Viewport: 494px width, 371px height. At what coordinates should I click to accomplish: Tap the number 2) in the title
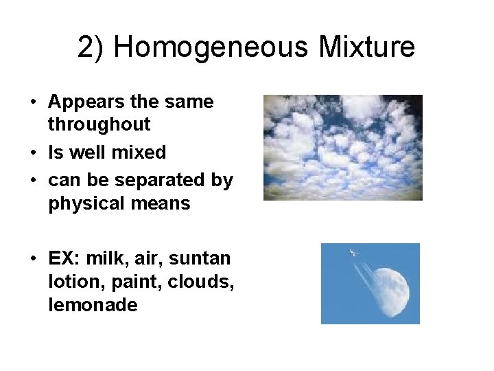(92, 48)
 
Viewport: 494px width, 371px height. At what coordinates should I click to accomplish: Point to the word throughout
(99, 124)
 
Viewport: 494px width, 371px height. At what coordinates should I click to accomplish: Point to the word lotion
(69, 282)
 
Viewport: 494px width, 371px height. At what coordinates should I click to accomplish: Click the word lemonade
(93, 305)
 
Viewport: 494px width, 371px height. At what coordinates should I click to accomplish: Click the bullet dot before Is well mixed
(34, 153)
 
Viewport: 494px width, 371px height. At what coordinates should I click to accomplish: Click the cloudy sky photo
(342, 147)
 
